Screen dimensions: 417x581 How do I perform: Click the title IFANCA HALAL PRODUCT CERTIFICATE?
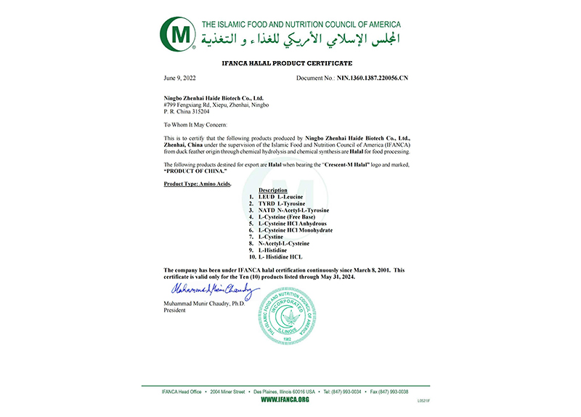click(290, 64)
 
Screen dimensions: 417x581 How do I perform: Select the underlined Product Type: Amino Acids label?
click(199, 184)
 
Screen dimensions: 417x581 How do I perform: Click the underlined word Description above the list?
click(273, 190)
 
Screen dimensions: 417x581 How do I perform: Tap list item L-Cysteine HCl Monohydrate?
click(298, 230)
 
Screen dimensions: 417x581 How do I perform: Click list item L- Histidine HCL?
click(285, 256)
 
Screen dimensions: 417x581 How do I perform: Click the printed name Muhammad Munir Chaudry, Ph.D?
click(206, 304)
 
